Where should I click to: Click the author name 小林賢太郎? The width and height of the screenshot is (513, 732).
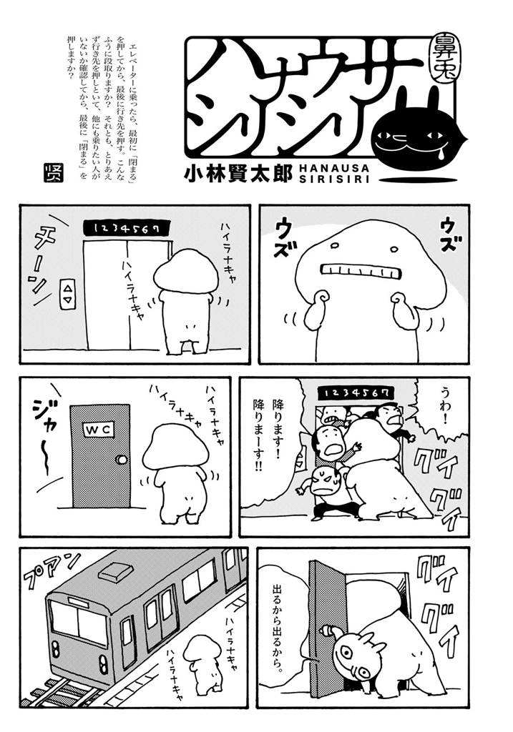point(238,173)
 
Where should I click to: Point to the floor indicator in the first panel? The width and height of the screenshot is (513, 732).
point(128,227)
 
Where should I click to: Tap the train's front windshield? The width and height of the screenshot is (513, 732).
point(76,623)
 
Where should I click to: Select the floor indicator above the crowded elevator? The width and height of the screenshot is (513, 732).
point(356,393)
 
